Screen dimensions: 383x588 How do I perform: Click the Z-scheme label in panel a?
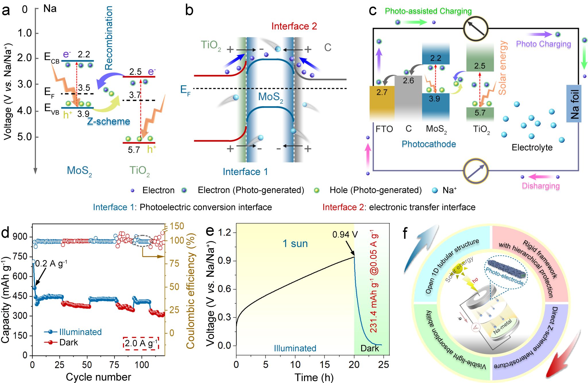click(109, 122)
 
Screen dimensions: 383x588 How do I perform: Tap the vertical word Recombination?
click(109, 38)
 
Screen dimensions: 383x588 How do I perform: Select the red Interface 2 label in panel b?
click(294, 26)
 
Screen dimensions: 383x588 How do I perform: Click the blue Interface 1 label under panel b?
click(245, 172)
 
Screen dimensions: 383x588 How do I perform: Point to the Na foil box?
click(574, 104)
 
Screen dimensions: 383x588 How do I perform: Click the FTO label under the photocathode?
click(384, 129)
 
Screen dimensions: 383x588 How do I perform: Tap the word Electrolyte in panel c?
click(532, 147)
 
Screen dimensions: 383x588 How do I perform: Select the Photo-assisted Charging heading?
click(428, 11)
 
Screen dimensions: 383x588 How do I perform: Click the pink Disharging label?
click(541, 186)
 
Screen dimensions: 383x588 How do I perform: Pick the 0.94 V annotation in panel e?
click(345, 235)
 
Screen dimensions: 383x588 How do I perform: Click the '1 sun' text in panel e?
click(295, 244)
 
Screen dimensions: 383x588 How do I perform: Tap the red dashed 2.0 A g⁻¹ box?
click(141, 343)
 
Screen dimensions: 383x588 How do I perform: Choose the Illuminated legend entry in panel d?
click(80, 332)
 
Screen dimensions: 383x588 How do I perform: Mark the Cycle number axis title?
click(98, 377)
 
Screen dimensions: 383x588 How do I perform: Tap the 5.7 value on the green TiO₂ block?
click(480, 113)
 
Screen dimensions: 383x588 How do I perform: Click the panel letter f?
click(405, 233)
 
